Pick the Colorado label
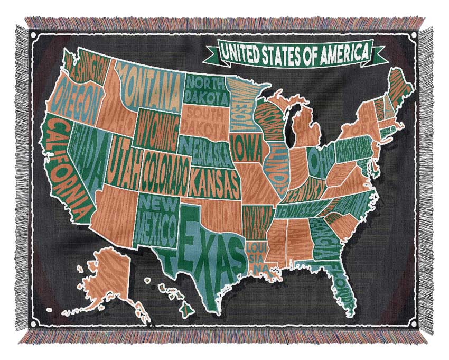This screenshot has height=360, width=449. tap(164, 168)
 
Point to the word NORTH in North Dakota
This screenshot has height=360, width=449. tap(204, 84)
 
